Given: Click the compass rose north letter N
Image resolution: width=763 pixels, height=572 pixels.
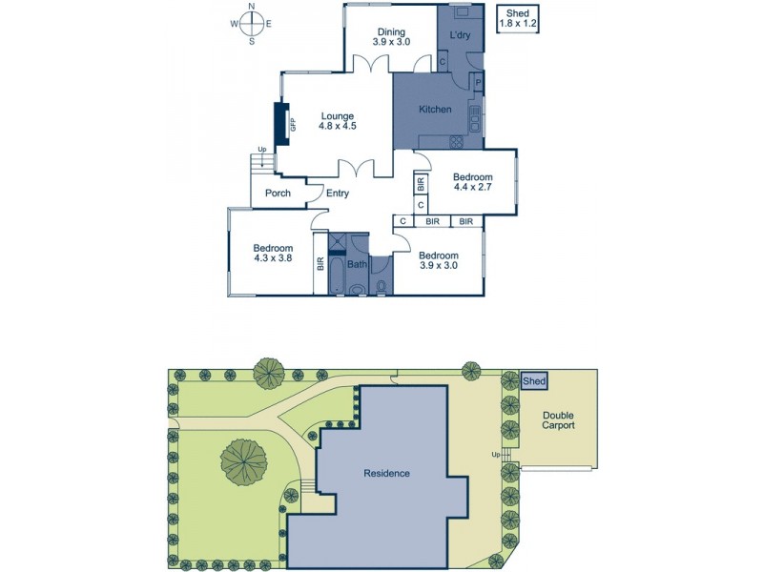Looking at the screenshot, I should (252, 7).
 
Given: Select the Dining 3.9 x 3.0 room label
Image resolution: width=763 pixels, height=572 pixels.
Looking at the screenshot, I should (390, 36).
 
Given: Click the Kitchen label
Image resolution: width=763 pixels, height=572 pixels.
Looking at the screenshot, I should (435, 110).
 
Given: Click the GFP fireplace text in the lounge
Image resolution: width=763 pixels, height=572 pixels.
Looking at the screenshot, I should (294, 123).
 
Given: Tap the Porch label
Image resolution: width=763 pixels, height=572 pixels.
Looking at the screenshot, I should (278, 194).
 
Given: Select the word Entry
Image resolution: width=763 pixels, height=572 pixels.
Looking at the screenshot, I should (337, 194).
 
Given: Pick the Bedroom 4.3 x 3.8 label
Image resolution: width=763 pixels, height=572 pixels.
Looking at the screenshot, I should (274, 253).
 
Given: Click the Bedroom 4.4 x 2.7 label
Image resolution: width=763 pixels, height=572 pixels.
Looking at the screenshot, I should (472, 183).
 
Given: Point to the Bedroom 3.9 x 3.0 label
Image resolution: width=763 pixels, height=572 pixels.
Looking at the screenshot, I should (439, 260).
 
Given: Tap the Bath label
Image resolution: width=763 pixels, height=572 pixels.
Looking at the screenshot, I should (357, 264).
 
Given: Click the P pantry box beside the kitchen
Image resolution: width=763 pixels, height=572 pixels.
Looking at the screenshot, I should (477, 83).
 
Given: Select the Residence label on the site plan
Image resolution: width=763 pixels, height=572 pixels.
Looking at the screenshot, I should (386, 473).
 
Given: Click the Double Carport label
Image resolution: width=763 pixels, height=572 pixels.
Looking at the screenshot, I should (558, 420).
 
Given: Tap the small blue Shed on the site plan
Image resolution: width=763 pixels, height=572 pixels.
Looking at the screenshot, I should (535, 381).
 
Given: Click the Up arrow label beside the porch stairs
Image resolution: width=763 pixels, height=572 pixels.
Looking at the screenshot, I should (261, 150).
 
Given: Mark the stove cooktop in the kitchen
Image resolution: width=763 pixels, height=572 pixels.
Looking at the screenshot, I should (456, 141).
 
